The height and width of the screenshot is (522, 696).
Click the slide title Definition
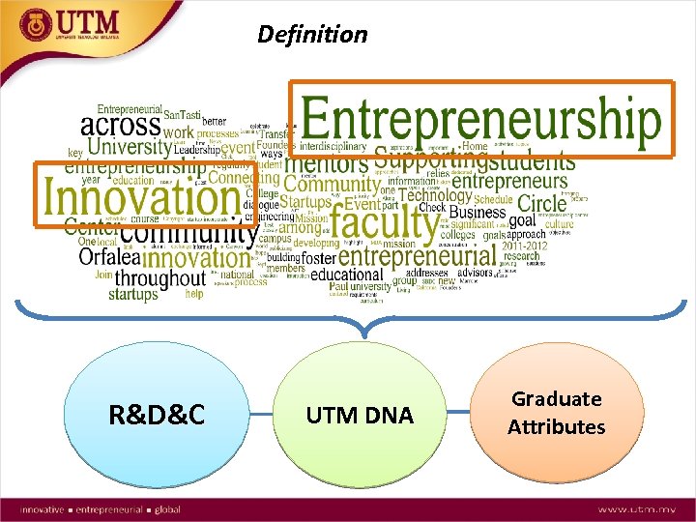[x=312, y=35]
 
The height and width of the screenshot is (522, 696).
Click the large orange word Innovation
[x=141, y=198]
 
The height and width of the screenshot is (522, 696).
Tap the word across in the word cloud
[x=120, y=126]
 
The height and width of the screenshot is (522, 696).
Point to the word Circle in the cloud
[x=541, y=203]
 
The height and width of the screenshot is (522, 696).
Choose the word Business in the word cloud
[x=477, y=213]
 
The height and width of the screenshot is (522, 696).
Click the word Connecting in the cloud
[x=244, y=178]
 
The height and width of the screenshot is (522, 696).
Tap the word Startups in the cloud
[x=305, y=202]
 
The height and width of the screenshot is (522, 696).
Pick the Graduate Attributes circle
[x=556, y=413]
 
